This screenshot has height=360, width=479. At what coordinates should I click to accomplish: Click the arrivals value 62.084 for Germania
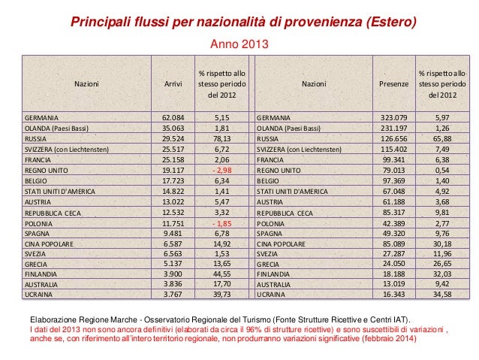[x=173, y=118]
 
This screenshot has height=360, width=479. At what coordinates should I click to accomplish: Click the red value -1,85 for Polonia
[x=221, y=223]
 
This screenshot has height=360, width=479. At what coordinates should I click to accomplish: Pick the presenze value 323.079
[x=393, y=118]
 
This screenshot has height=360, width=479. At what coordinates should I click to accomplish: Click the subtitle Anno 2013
[x=239, y=47]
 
